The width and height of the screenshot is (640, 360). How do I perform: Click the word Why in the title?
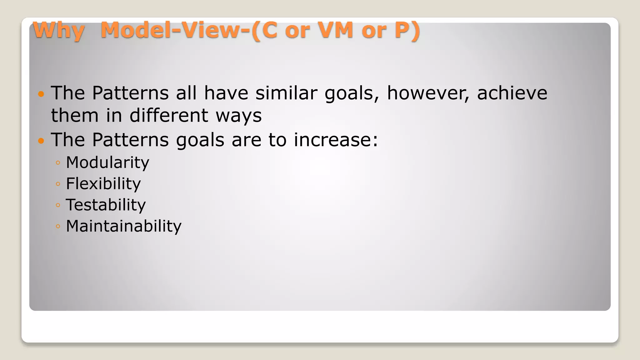coord(59,31)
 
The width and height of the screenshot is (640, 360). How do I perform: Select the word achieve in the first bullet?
coord(512,93)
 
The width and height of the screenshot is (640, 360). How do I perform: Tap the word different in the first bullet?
coord(169,115)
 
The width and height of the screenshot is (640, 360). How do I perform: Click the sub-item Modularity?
coord(107,163)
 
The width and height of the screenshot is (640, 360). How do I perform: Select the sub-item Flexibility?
coord(103,184)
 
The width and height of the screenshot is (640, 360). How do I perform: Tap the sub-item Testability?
coord(106,205)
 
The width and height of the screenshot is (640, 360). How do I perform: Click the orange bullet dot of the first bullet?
coord(41,94)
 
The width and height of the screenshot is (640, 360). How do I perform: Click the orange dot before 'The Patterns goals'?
coord(41,141)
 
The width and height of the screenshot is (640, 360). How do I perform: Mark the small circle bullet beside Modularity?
coord(58,163)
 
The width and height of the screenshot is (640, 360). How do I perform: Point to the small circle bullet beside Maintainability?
coord(58,226)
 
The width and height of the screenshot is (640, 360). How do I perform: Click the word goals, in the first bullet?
coord(352,94)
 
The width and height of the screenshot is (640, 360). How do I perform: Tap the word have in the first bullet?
coord(226,93)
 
